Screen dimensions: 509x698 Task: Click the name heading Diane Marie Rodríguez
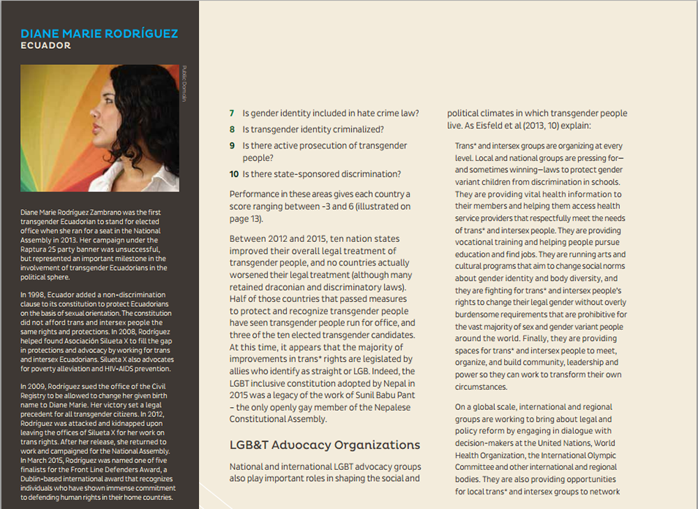[x=99, y=33]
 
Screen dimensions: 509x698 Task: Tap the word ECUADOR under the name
[x=46, y=46]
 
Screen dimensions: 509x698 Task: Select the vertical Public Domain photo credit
[x=184, y=84]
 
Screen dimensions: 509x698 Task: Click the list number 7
[x=232, y=113]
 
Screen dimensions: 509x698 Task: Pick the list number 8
[x=232, y=130]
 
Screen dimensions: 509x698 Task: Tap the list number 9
[x=232, y=146]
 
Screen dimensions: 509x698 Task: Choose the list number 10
[x=235, y=174]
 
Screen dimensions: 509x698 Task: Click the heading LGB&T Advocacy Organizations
[x=325, y=445]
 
